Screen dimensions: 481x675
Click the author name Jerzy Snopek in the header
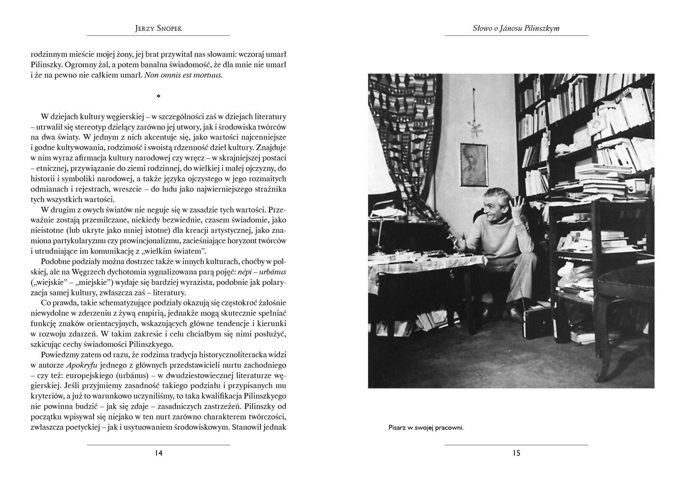click(158, 28)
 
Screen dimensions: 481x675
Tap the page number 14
click(159, 453)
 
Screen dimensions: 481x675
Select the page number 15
click(516, 453)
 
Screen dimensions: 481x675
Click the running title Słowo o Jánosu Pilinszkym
click(516, 28)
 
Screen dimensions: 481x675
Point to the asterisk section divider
click(158, 97)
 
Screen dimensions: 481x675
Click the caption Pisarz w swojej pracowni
click(426, 428)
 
